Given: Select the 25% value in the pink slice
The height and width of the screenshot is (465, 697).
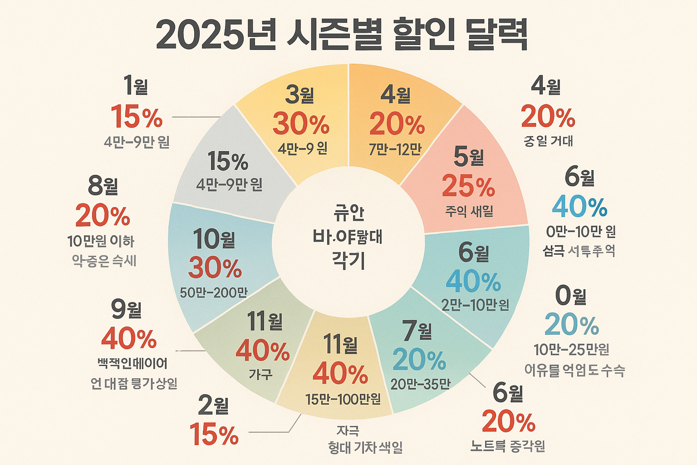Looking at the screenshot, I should tap(468, 186).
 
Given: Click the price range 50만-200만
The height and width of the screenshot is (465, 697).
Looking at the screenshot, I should tap(214, 292).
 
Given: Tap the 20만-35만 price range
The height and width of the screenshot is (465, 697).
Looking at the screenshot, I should tap(420, 384).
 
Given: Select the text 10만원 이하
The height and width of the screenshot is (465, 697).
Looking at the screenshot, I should tap(101, 241).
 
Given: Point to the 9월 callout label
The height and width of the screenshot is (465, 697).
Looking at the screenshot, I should tap(127, 309).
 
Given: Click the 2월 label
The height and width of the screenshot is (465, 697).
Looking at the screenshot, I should tap(213, 406).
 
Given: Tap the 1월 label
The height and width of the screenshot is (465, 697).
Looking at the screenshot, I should tap(136, 85).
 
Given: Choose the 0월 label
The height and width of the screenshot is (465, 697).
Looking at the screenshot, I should tap(571, 296).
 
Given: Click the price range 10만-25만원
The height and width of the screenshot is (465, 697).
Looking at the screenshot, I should tap(571, 350).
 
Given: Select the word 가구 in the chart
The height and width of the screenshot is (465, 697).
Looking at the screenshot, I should tap(260, 374).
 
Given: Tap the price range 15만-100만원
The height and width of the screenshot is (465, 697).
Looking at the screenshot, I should tap(343, 399).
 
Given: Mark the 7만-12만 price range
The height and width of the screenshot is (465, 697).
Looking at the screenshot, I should tap(395, 149).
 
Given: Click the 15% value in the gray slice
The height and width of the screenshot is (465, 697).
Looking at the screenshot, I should tap(228, 161).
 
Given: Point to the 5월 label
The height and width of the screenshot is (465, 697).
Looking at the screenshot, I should tap(469, 157).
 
